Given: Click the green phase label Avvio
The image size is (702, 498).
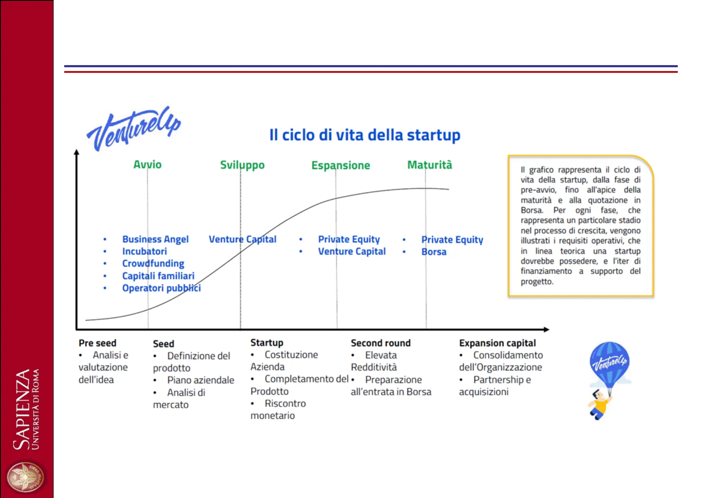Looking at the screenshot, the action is (147, 164).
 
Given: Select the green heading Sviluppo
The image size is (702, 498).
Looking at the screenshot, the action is (242, 165).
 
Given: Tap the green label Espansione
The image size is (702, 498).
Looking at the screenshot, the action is (341, 166).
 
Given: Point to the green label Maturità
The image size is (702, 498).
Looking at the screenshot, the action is (430, 165).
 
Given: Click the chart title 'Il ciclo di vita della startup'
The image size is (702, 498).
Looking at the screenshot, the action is (365, 135).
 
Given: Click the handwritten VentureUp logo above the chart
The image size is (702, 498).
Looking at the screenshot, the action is (134, 129).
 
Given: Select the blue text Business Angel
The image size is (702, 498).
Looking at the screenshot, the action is (155, 239).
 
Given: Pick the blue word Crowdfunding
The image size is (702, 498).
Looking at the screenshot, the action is (153, 263).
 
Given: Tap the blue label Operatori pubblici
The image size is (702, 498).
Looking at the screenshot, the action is (161, 288).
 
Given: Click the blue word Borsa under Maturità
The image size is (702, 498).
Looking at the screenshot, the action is (434, 252).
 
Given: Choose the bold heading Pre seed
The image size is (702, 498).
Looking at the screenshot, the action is (97, 343).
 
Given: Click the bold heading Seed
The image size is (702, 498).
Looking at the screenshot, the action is (164, 344).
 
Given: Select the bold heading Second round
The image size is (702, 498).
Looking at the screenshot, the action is (381, 343).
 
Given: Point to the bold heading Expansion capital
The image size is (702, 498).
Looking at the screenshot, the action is (498, 343).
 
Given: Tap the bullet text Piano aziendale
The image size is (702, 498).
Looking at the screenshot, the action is (200, 380).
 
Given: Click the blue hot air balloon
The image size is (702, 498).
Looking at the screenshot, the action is (610, 364).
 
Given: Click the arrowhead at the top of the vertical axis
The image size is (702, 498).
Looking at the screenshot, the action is (77, 152).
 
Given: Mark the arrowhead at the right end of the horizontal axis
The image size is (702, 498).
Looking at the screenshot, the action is (546, 329).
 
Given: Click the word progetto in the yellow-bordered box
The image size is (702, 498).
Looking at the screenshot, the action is (537, 282).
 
